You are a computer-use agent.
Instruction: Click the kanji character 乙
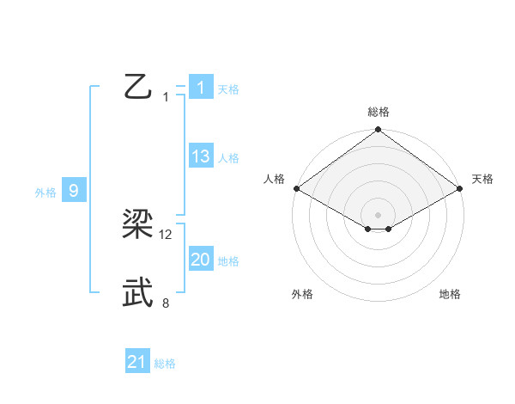tap(137, 87)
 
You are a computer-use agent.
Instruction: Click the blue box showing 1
tap(200, 87)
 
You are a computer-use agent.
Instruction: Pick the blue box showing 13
tap(200, 156)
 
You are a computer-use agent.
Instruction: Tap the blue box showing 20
tap(200, 260)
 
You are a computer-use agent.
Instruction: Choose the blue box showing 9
tap(74, 191)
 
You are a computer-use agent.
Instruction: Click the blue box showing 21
tap(137, 363)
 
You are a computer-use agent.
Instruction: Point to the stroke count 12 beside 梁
tap(166, 235)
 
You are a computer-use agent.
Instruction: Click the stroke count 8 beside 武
tap(166, 303)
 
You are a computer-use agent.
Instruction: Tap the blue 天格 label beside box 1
tap(228, 89)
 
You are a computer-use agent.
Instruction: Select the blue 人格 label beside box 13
tap(228, 158)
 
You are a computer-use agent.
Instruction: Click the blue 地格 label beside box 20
tap(228, 261)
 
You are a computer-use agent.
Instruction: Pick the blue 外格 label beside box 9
tap(45, 193)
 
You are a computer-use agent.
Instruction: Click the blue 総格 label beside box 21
tap(165, 364)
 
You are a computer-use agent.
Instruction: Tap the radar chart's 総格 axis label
tap(379, 112)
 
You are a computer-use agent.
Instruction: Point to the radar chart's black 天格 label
tap(482, 179)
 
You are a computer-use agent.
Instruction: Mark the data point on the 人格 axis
tap(295, 188)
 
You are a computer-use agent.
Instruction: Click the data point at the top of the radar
tap(379, 131)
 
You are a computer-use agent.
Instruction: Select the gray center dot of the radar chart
tap(379, 214)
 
